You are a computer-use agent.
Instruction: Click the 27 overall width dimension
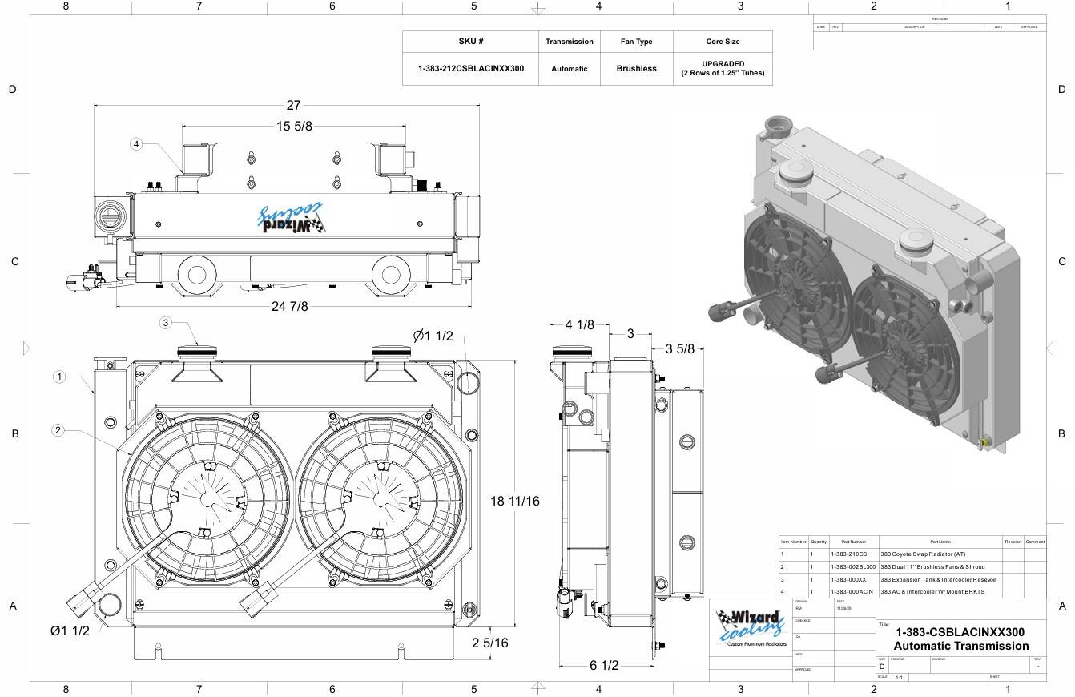(293, 105)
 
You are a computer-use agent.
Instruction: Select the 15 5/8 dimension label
(294, 126)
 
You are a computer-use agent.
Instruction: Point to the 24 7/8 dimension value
(289, 306)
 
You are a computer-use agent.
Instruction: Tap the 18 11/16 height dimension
(515, 501)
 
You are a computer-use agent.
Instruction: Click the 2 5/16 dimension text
(489, 643)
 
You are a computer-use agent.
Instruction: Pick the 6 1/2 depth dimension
(603, 665)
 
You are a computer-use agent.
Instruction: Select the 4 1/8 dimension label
(579, 324)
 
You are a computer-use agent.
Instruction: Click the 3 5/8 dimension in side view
(679, 348)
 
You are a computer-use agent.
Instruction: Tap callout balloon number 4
(136, 144)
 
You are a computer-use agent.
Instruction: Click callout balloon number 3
(166, 323)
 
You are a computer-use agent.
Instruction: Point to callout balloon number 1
(59, 376)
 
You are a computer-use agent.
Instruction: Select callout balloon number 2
(58, 430)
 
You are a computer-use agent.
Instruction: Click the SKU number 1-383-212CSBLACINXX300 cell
(471, 69)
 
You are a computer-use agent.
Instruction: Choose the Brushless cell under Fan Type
(636, 69)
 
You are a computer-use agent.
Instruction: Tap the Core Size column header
(723, 42)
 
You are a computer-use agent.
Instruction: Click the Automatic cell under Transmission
(569, 69)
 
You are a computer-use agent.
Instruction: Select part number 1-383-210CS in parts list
(848, 554)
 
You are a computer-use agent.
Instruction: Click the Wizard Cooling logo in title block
(751, 627)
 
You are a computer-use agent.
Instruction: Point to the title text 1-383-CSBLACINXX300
(960, 632)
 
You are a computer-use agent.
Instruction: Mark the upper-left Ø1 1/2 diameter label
(433, 336)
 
